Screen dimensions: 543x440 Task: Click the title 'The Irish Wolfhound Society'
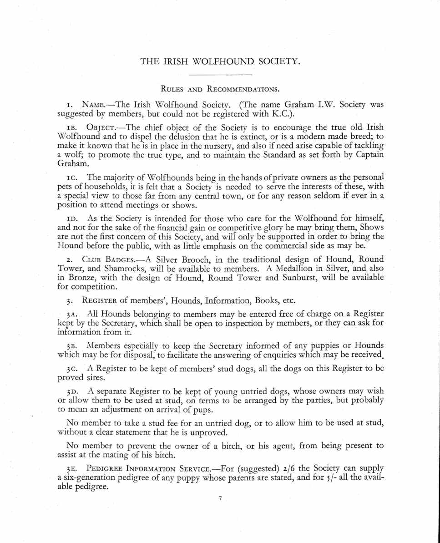[x=220, y=61]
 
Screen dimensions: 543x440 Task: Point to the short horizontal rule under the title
[x=220, y=74]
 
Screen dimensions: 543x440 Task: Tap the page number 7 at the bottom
[x=220, y=499]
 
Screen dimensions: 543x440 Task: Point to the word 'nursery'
[x=223, y=145]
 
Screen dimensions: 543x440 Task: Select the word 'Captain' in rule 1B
[x=367, y=154]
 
